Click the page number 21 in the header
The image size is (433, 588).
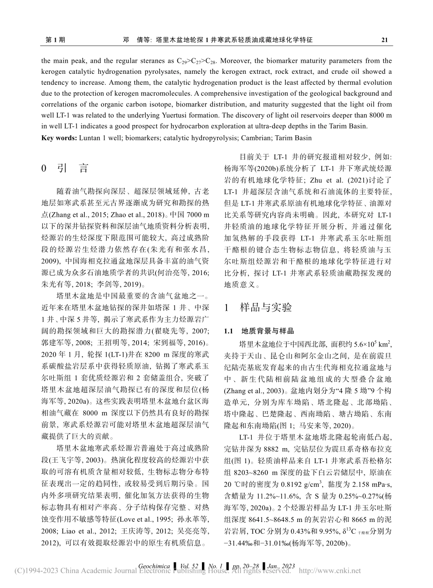point(384,40)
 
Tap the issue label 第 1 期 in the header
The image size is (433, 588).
point(56,40)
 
